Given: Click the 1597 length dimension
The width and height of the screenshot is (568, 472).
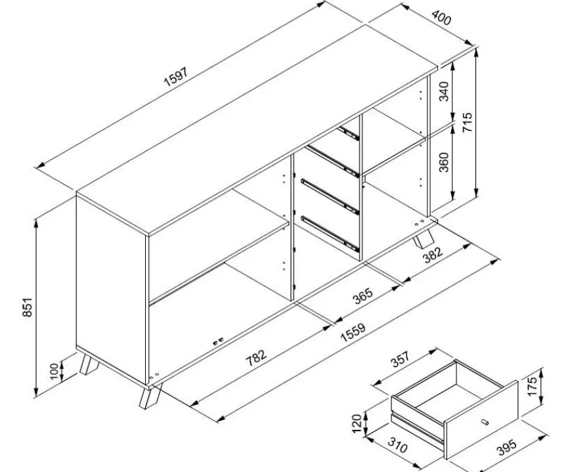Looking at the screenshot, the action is [176, 77].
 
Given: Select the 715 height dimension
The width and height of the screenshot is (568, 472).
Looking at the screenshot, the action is [468, 122].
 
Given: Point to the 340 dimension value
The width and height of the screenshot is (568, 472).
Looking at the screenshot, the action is [444, 91].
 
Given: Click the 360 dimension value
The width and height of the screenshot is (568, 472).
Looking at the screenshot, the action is [444, 162].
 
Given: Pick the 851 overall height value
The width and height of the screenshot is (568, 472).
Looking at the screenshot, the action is [28, 307].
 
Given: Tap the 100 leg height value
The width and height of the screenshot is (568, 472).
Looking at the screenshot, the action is [54, 371].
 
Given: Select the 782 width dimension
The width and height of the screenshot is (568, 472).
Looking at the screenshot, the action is [256, 357].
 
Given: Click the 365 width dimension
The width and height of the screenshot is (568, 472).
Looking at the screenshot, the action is [362, 295].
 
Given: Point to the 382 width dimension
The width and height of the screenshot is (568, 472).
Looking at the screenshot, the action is [433, 255].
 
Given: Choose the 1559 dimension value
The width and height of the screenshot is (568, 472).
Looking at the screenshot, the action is [353, 332].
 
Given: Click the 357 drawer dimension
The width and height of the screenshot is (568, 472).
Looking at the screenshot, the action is [401, 358].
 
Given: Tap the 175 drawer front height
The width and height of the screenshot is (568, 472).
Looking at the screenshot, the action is [532, 387].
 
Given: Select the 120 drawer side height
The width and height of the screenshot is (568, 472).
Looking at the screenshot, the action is [357, 423].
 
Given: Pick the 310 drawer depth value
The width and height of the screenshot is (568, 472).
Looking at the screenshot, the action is [397, 445].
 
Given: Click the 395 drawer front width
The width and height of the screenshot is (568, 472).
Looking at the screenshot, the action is [506, 447].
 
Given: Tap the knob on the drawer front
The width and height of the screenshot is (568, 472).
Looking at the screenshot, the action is [485, 421].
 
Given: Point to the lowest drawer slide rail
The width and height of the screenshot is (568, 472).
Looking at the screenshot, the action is [330, 234].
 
